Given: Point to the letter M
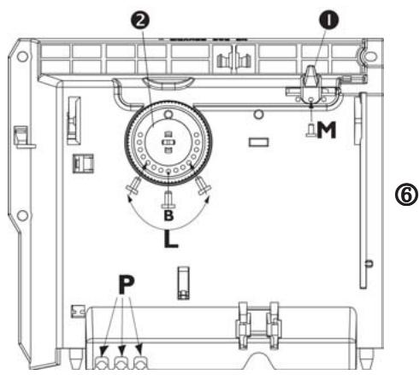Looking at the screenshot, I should point(326,130).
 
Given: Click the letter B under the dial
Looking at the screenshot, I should point(167,217).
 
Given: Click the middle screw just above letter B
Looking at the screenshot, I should point(167,198).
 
